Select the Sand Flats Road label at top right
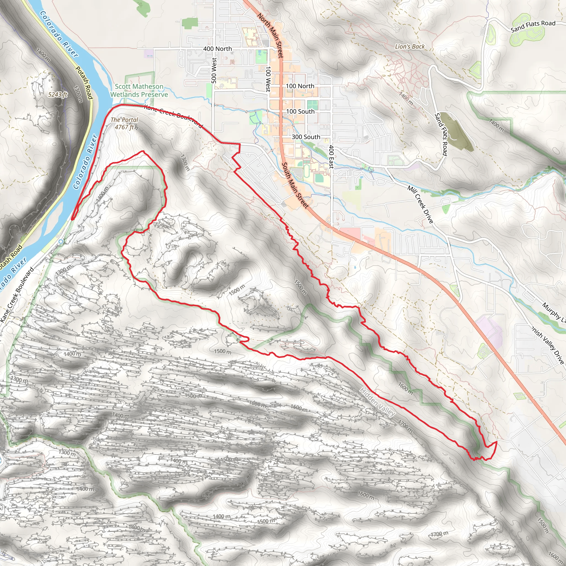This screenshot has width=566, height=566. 533,26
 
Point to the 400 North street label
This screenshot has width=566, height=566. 218,49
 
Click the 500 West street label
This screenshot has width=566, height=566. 214,70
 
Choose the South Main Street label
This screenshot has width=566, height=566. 295,185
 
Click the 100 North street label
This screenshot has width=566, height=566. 300,86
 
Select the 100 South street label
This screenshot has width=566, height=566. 300,111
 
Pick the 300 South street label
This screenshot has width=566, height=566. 306,137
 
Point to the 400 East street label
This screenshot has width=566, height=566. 331,157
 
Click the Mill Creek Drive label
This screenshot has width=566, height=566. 420,204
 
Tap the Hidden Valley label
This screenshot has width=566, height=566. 377,402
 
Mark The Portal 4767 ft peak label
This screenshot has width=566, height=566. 124,123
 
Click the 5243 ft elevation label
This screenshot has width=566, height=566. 58,94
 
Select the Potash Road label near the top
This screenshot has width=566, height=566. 84,83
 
